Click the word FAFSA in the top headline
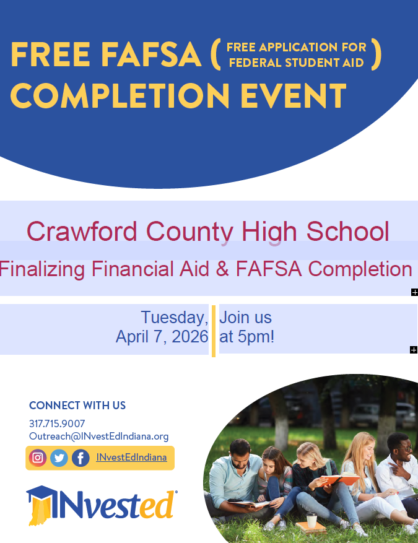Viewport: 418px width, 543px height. click(x=152, y=56)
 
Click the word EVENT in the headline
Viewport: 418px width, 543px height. click(x=293, y=96)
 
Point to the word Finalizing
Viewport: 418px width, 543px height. click(x=43, y=269)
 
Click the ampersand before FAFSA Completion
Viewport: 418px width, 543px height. click(x=225, y=269)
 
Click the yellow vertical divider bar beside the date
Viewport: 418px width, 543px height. click(x=214, y=331)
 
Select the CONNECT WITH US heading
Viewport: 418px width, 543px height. click(x=77, y=406)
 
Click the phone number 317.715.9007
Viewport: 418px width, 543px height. click(x=57, y=424)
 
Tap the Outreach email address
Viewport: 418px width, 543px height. click(x=99, y=436)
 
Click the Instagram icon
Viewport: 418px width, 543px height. click(x=38, y=458)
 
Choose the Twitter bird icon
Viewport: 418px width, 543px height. click(x=59, y=458)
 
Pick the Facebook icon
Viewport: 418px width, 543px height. click(x=81, y=458)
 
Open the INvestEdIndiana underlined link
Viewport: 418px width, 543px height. click(x=131, y=458)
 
